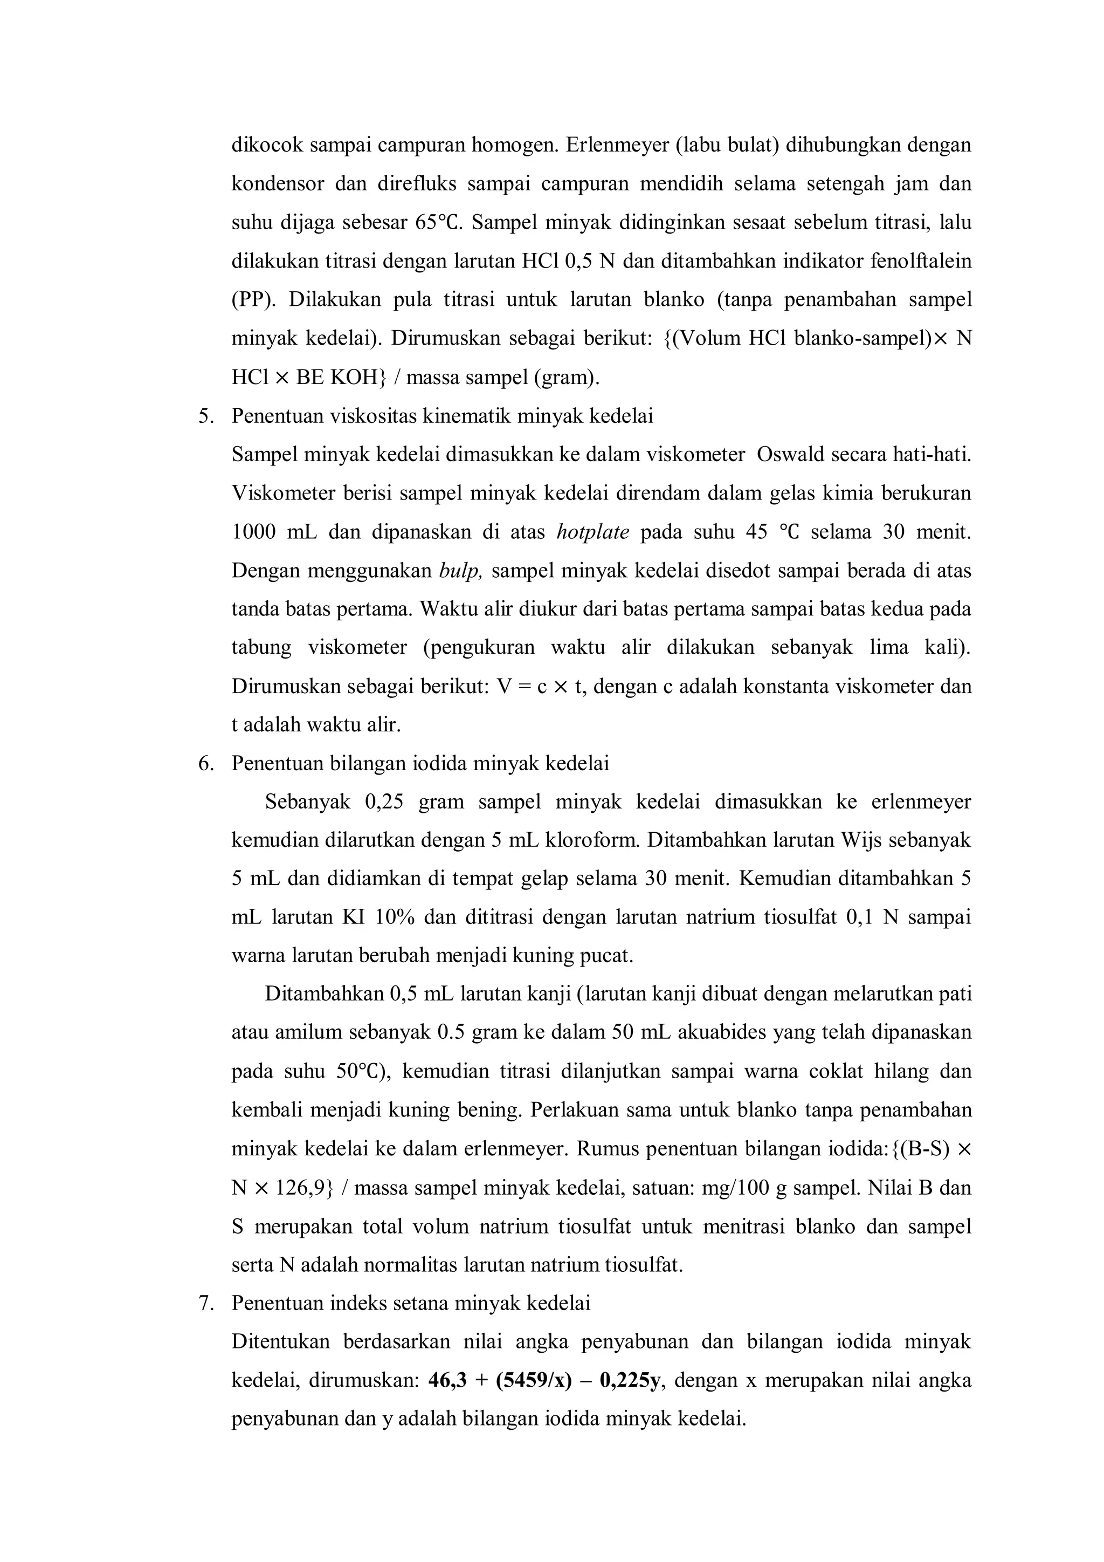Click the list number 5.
point(206,416)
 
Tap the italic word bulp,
point(460,571)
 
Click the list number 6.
point(206,764)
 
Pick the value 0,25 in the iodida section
point(384,803)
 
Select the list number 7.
point(206,1304)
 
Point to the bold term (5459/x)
point(534,1381)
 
